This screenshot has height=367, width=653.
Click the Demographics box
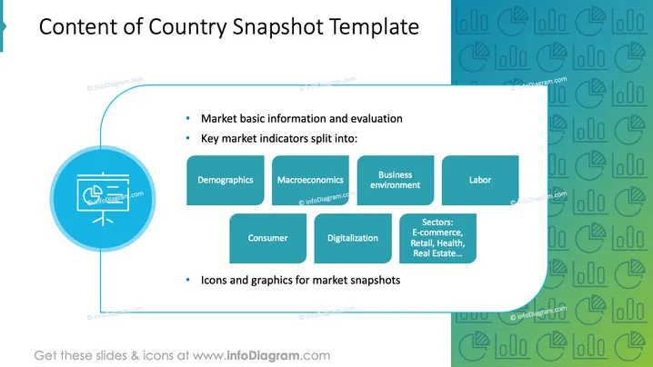(x=226, y=180)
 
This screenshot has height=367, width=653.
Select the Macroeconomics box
(x=310, y=180)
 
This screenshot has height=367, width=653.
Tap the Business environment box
(x=396, y=180)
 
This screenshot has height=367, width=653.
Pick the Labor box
(x=480, y=180)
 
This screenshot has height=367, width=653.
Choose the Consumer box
(x=267, y=238)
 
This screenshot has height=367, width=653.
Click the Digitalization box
(x=353, y=238)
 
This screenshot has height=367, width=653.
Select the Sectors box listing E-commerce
(x=437, y=238)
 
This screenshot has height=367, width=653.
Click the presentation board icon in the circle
(x=103, y=198)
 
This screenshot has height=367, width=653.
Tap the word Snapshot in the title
(x=277, y=27)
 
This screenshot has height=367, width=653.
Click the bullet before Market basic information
(x=188, y=119)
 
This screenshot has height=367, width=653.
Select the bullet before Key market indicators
(x=188, y=138)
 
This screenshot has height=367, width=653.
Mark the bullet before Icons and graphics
(x=188, y=280)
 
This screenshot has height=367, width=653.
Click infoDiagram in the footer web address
(x=263, y=356)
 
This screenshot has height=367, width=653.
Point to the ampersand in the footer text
(x=135, y=356)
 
